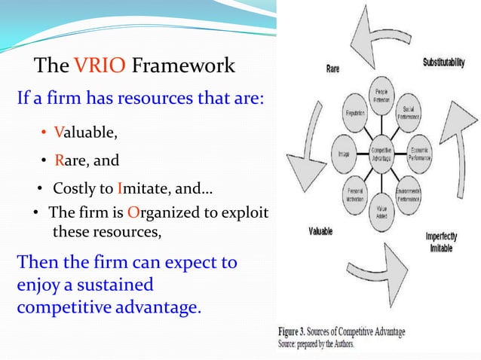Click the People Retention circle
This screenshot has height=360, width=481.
point(380,95)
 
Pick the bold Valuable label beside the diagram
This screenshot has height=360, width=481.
point(319,231)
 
